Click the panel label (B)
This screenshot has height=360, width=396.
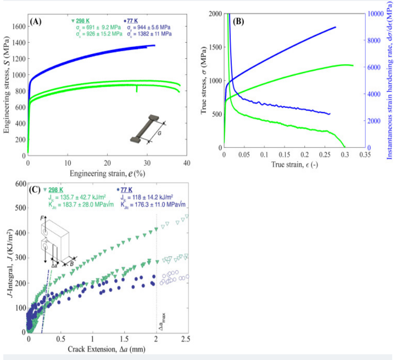click(x=238, y=21)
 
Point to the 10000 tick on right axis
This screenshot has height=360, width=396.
click(x=376, y=13)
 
